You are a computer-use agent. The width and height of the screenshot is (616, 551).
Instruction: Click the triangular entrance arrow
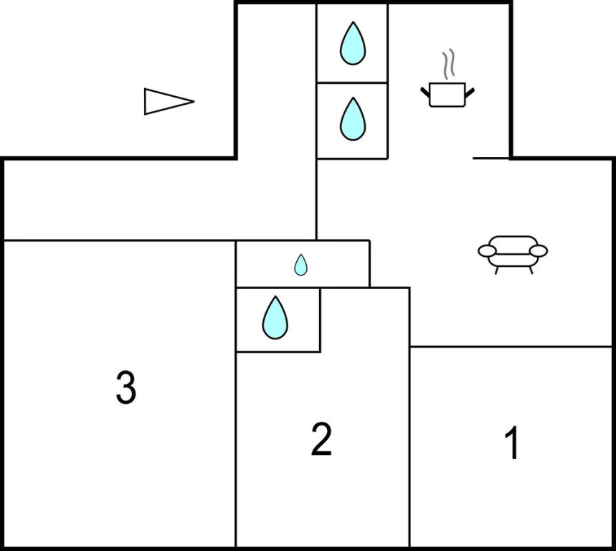click(169, 101)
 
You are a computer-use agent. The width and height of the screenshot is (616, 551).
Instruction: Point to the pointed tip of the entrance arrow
click(194, 101)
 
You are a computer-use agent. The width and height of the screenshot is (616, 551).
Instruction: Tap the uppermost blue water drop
click(353, 43)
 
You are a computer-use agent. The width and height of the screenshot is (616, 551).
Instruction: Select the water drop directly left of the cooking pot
click(353, 118)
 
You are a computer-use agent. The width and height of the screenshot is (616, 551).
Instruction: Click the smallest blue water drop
click(301, 265)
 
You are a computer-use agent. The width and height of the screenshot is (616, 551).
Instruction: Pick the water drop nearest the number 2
click(275, 318)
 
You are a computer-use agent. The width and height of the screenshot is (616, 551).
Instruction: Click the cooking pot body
click(447, 95)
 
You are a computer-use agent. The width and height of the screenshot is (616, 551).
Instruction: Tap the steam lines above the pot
click(448, 64)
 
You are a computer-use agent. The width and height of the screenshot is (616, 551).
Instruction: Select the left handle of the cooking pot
click(425, 92)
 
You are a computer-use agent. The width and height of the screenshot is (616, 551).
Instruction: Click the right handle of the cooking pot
click(470, 92)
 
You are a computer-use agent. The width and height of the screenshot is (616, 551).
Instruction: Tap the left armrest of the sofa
click(487, 250)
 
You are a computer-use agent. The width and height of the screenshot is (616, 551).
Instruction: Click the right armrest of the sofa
click(539, 250)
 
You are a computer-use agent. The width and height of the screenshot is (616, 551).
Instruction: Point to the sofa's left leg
click(496, 270)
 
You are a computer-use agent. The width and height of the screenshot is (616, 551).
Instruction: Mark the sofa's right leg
click(531, 270)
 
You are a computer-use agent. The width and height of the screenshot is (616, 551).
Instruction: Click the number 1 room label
click(512, 443)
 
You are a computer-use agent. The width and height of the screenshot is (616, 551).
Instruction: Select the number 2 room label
click(321, 439)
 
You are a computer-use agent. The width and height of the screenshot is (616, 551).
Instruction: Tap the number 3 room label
click(126, 388)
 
